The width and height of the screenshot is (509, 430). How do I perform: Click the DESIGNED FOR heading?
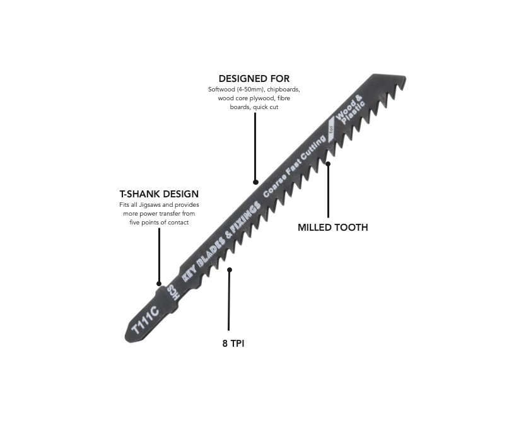[x=254, y=79]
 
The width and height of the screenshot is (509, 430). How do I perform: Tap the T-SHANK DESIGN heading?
[x=159, y=194]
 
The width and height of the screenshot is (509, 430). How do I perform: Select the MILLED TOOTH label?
[x=332, y=228]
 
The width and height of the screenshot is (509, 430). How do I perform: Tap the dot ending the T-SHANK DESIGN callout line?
[x=159, y=284]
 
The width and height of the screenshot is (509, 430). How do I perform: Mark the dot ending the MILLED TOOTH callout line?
[x=328, y=164]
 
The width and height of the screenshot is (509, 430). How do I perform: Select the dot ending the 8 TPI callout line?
[x=230, y=269]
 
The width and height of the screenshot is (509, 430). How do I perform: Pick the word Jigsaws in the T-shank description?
[x=160, y=205]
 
